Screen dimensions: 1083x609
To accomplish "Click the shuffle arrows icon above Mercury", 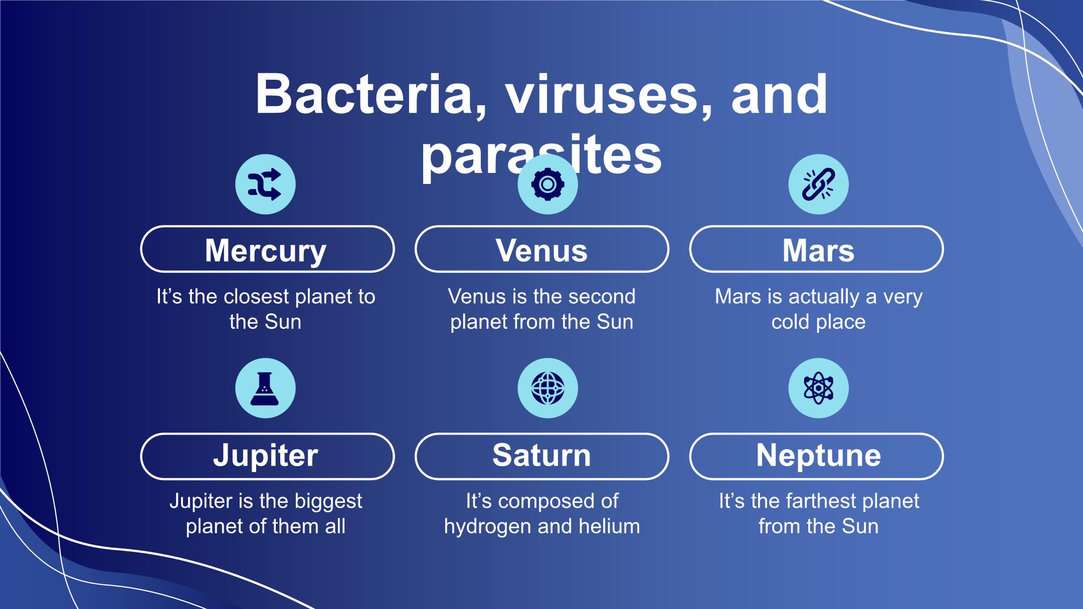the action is [x=265, y=184].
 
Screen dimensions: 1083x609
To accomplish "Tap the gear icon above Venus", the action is [x=548, y=184].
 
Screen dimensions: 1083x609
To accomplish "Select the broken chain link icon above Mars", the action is [x=818, y=184].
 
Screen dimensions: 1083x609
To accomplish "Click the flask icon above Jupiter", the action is [x=265, y=388].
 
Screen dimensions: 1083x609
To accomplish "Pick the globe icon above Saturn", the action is [x=548, y=388].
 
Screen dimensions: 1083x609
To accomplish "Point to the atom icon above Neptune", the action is [x=818, y=388].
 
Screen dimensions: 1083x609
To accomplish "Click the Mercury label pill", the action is [x=267, y=249].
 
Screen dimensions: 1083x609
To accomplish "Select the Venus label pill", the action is [x=541, y=249].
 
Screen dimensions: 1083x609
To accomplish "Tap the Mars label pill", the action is [x=816, y=249].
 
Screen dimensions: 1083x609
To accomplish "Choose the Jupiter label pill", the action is [x=267, y=457].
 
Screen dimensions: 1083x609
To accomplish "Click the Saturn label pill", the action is [x=541, y=457].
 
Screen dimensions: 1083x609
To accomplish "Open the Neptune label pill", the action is [x=816, y=457].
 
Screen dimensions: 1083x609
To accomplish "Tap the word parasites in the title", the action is [x=541, y=156].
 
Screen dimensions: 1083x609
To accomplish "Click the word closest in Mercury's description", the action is [x=256, y=296].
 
